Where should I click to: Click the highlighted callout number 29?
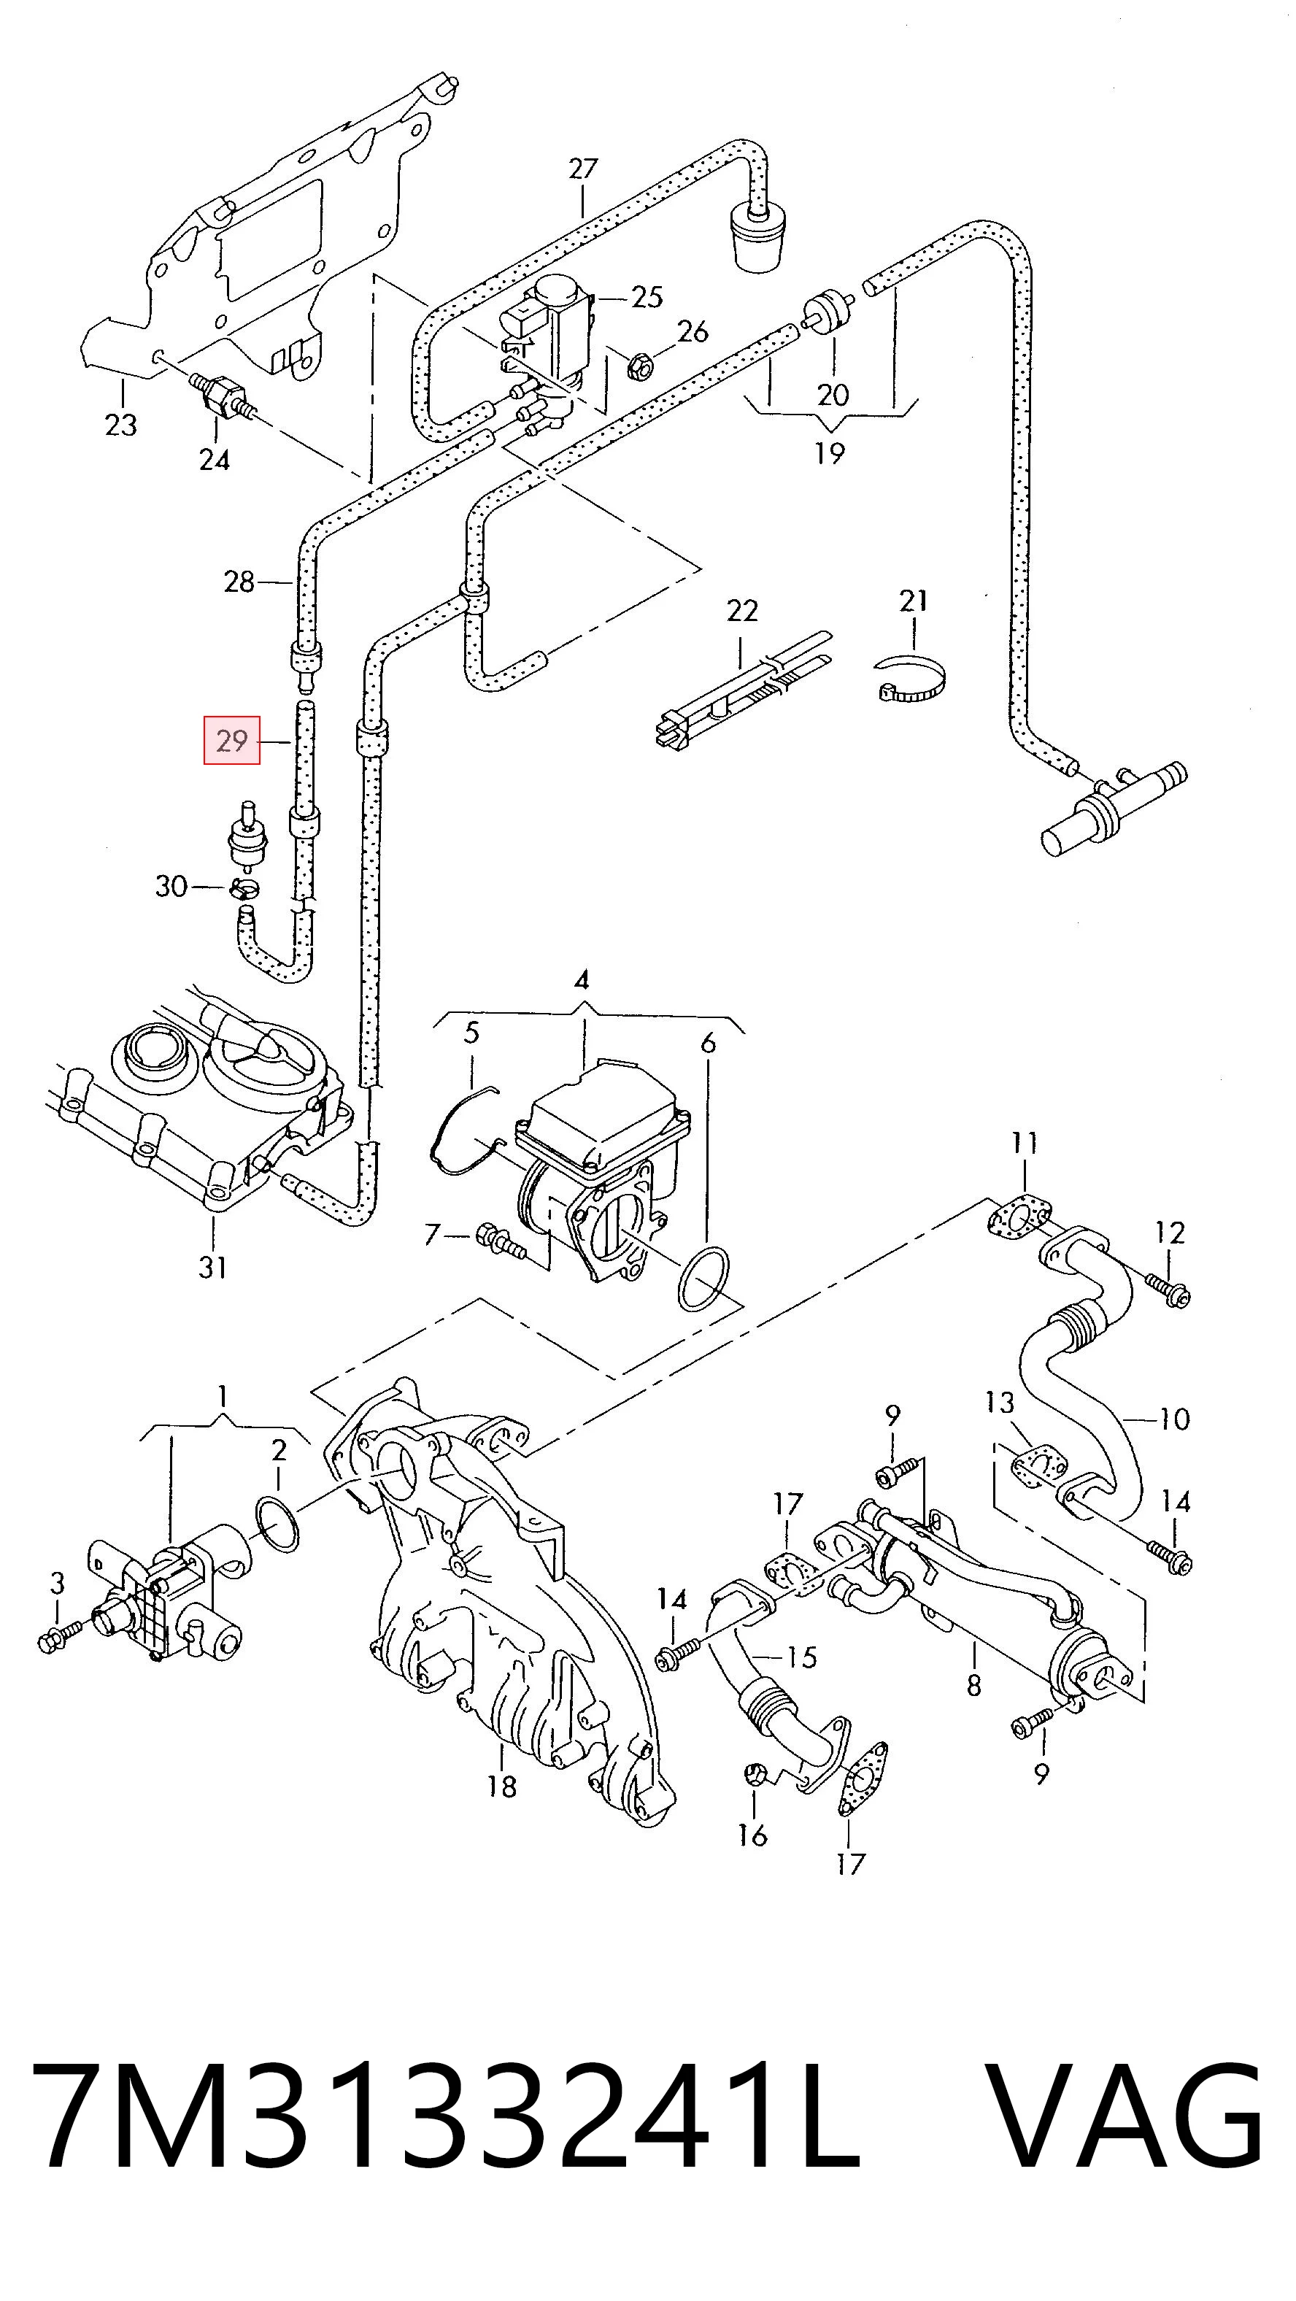[x=231, y=741]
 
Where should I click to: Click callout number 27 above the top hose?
[x=582, y=169]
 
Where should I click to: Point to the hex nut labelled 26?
[x=639, y=366]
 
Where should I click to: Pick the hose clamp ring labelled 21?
[x=911, y=679]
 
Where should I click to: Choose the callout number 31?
[x=212, y=1268]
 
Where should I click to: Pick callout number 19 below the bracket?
[x=830, y=453]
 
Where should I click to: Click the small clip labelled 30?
[x=243, y=888]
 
